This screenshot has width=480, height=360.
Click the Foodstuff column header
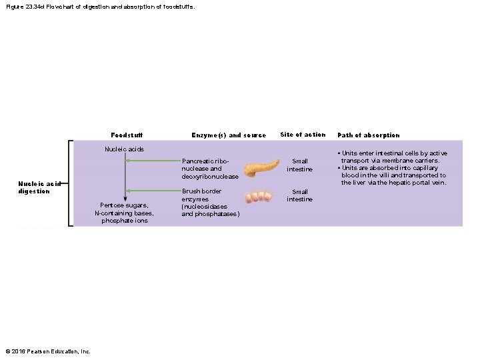coord(127,135)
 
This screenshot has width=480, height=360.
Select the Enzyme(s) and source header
coord(229,135)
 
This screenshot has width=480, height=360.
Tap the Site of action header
coord(303,135)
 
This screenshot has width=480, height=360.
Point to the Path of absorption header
coord(369,135)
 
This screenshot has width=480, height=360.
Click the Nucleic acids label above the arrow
coord(125,149)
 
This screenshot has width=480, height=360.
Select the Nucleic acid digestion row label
coord(34,187)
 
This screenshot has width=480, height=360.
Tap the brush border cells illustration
coord(258,197)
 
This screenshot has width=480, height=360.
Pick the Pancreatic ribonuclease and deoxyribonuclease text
coord(209,169)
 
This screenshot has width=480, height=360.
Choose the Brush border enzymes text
coord(209,203)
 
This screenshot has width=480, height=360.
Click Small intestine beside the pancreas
coord(300,165)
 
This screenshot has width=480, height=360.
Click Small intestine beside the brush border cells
coord(300,195)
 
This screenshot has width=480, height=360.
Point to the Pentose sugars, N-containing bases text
coord(125,213)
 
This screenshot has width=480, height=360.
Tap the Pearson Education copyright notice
coord(48,351)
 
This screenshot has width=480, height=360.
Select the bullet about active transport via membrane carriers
coord(393,157)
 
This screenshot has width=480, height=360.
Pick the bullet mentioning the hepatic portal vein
coord(393,175)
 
